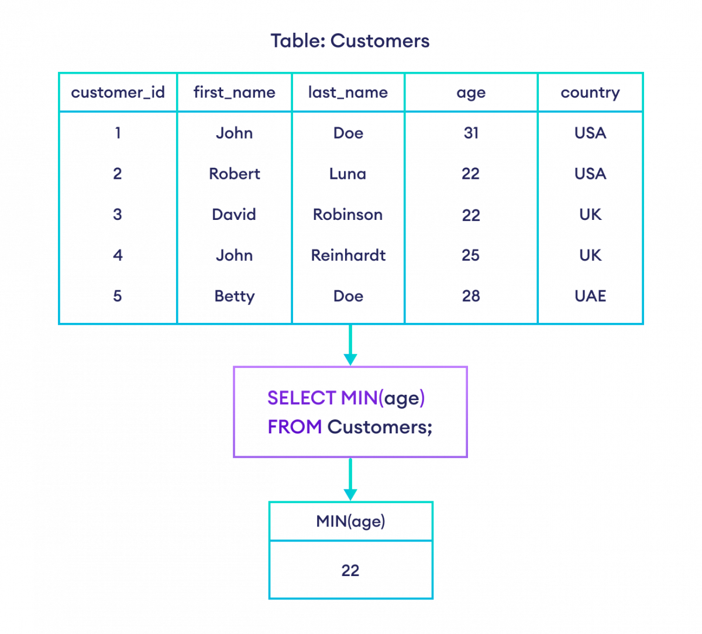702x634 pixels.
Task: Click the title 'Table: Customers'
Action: (x=350, y=41)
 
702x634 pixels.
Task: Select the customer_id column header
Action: (x=118, y=92)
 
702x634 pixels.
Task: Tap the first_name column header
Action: (x=234, y=92)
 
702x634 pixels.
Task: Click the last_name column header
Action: (x=348, y=92)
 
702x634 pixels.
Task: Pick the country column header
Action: (x=590, y=92)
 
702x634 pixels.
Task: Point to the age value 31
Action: (x=471, y=133)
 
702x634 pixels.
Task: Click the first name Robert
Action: (x=234, y=174)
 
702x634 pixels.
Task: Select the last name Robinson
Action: (x=348, y=215)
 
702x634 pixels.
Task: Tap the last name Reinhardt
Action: (x=348, y=255)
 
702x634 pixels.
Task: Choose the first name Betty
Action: (x=234, y=296)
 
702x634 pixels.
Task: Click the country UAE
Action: (x=590, y=296)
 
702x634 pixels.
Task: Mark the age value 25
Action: (x=471, y=255)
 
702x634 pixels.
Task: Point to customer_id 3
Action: (x=118, y=215)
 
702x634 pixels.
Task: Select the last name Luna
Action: (x=348, y=174)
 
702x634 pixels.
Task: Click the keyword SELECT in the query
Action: (x=301, y=398)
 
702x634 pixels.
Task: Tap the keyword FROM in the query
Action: (x=294, y=427)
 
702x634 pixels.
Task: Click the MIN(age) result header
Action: (x=350, y=521)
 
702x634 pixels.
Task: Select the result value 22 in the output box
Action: (x=350, y=570)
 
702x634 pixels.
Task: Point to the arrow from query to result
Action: (x=350, y=480)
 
